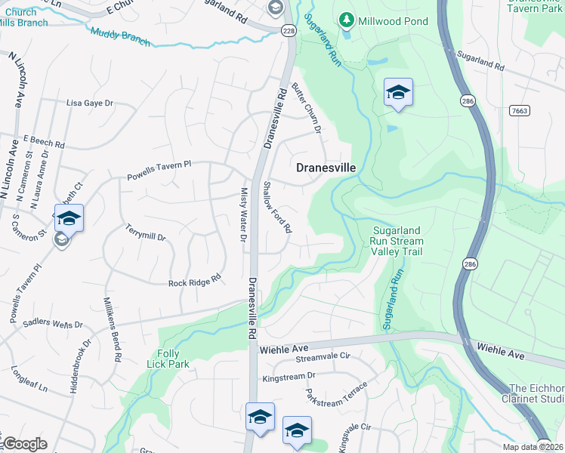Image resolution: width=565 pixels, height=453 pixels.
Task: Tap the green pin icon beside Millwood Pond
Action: tap(346, 17)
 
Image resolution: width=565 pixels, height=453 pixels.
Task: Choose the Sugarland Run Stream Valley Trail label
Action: tap(398, 241)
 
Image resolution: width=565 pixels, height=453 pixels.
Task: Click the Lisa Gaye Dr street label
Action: tap(89, 103)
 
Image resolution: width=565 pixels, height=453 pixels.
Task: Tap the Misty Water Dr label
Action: tap(244, 215)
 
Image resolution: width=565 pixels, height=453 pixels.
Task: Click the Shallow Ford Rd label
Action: tap(277, 207)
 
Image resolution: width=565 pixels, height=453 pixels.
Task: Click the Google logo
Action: tap(25, 444)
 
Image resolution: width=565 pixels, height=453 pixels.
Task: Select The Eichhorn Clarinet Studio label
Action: tap(533, 393)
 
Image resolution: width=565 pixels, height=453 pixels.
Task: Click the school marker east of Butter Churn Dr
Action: tap(398, 94)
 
